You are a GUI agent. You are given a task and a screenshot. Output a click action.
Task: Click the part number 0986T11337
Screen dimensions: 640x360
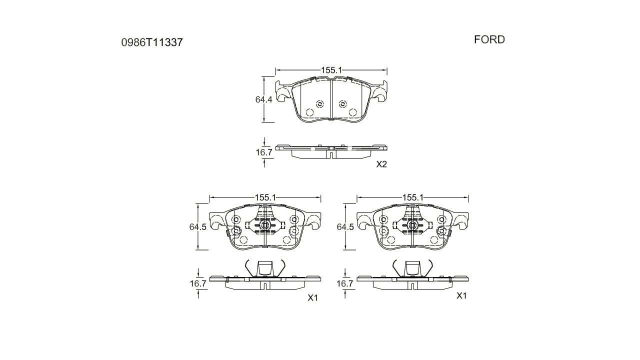(x=152, y=42)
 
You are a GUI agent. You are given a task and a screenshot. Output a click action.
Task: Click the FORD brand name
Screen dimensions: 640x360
(x=489, y=39)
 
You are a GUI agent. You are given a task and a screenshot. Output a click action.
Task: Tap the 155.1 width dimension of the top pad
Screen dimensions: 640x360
(x=331, y=70)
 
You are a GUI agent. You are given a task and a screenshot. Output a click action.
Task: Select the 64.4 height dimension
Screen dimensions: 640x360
(x=263, y=99)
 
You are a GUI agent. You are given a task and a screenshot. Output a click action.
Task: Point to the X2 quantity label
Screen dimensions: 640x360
(x=381, y=164)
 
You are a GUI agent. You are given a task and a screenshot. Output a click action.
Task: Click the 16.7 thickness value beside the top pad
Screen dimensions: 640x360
(x=264, y=152)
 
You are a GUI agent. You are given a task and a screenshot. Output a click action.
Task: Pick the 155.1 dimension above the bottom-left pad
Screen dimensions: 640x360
(x=265, y=197)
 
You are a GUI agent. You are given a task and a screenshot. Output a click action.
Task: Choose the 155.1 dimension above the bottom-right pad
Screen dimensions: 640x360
(x=413, y=197)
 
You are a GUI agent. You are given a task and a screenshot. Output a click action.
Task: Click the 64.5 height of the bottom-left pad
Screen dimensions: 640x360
(x=197, y=227)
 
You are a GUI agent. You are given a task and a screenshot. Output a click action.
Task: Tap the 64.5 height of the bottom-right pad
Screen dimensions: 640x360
(x=345, y=227)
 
